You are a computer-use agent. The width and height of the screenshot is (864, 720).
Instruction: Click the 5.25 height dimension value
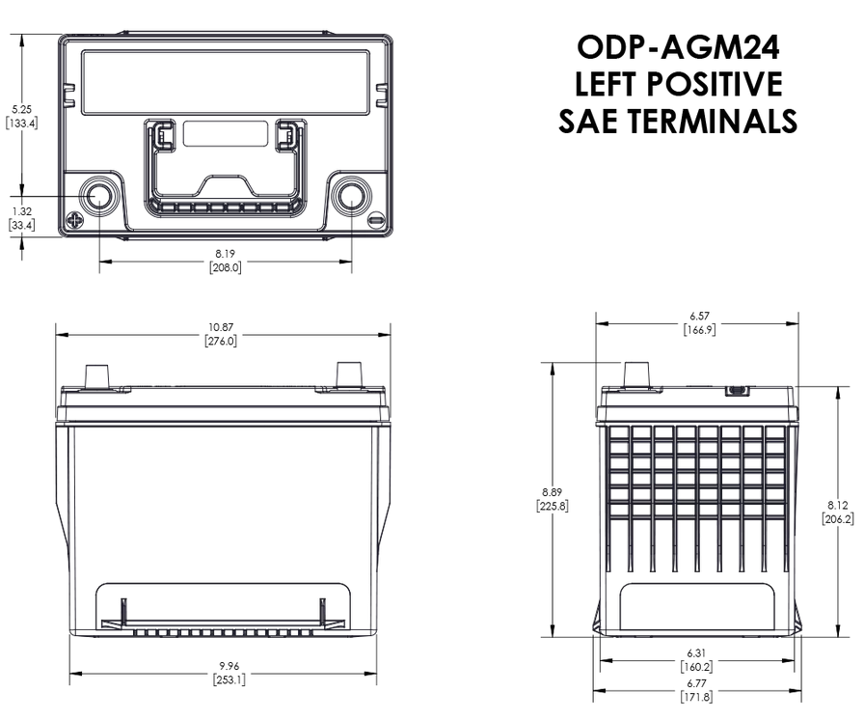(21, 109)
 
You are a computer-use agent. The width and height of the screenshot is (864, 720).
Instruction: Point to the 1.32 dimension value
(21, 210)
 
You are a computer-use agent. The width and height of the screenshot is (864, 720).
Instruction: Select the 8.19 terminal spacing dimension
(225, 254)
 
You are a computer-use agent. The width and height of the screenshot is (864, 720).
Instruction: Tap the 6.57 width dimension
(699, 317)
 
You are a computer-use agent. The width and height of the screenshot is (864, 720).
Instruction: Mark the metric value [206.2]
(837, 518)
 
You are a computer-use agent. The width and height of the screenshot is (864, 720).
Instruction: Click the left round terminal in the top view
(97, 196)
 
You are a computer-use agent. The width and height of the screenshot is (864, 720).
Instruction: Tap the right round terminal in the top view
(351, 196)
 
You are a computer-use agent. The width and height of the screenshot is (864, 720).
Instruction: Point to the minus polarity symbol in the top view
(375, 222)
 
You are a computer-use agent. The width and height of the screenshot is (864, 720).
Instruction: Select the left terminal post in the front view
(97, 376)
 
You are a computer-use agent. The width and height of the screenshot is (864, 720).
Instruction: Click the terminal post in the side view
(636, 374)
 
